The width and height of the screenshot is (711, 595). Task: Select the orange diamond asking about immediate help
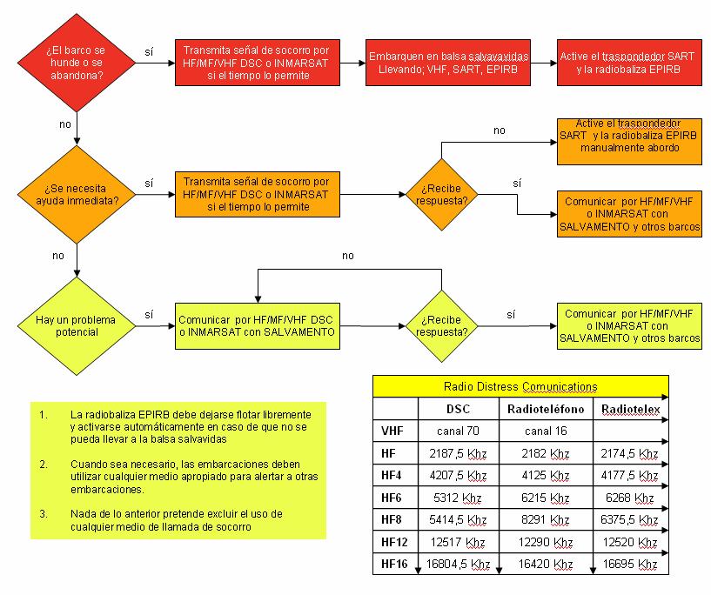pos(77,193)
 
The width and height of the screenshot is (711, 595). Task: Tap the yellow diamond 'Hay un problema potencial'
pos(77,325)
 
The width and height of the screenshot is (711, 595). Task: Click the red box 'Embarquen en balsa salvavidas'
pos(448,63)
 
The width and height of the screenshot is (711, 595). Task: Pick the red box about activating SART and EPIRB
pos(619,63)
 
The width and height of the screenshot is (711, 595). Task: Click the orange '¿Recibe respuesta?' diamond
pos(442,194)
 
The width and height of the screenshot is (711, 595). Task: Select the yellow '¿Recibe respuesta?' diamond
pos(442,325)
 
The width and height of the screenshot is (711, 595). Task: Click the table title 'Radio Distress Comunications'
pos(520,386)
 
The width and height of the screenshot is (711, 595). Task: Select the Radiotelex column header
pos(628,409)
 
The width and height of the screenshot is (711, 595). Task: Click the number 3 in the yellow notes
pos(43,514)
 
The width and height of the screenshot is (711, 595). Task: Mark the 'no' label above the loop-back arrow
pos(348,256)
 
